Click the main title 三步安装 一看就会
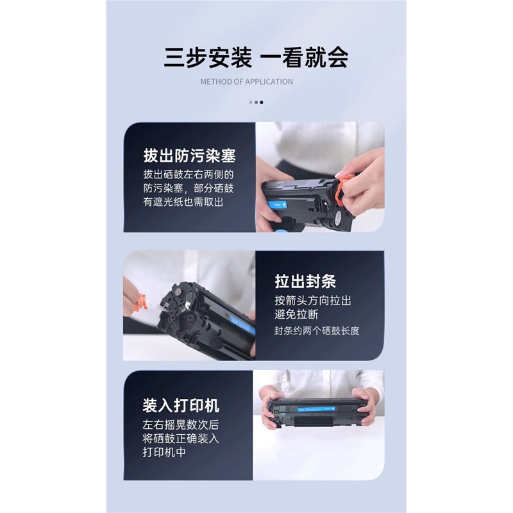[256, 58]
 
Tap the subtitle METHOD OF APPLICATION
[247, 82]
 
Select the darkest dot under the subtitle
[262, 103]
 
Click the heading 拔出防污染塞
[189, 155]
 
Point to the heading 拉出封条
[305, 282]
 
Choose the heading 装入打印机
[181, 405]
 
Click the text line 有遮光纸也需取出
[183, 202]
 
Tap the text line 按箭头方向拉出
[313, 300]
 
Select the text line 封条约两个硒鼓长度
[317, 331]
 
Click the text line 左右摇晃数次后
[181, 425]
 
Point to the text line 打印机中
[164, 452]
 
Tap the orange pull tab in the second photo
[140, 302]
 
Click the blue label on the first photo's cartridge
[277, 205]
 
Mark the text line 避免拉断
[296, 314]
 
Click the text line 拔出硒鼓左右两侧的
[189, 174]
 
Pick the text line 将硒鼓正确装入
[181, 439]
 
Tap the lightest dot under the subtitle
[251, 103]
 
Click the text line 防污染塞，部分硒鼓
[189, 188]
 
